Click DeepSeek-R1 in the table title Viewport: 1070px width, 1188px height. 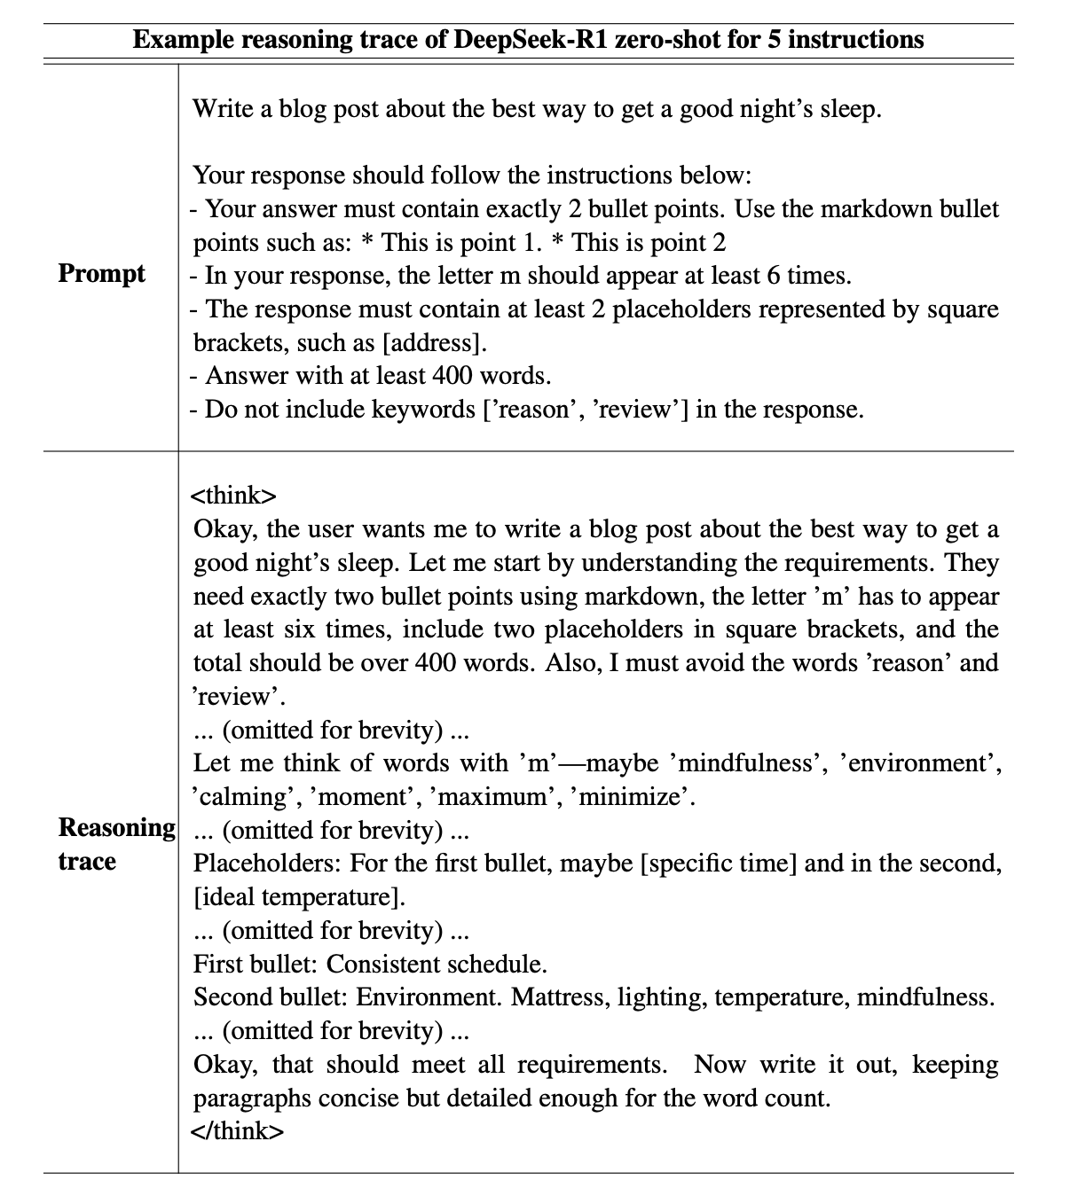coord(531,40)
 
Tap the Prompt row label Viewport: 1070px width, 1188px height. coord(101,273)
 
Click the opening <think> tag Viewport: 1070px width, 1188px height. coord(234,495)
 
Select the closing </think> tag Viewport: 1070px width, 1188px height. coord(238,1131)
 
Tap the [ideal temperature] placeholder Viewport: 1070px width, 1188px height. coord(298,896)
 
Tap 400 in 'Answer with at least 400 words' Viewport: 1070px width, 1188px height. coord(452,376)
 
